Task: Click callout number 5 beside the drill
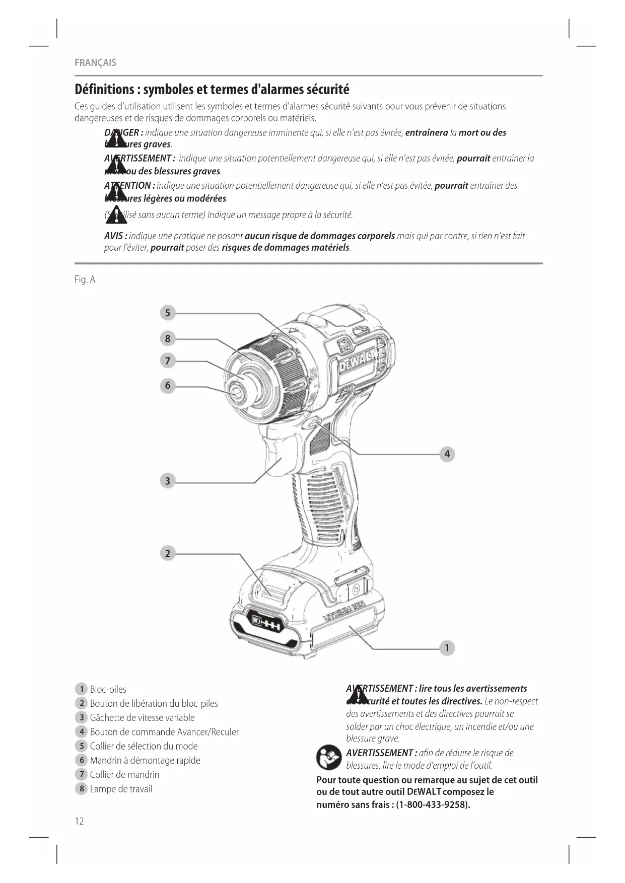[x=168, y=313]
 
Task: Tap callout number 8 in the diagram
[x=168, y=338]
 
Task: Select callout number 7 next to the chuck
[x=168, y=360]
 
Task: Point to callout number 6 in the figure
[x=168, y=386]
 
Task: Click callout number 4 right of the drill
[x=447, y=454]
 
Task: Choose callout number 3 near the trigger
[x=168, y=481]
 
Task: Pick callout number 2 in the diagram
[x=168, y=553]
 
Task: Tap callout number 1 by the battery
[x=447, y=647]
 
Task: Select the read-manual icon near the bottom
[x=328, y=758]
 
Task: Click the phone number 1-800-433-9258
[x=433, y=804]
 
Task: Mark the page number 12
[x=79, y=821]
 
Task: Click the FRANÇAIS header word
[x=95, y=62]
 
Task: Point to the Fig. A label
[x=85, y=279]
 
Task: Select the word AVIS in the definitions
[x=115, y=236]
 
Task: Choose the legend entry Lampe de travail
[x=121, y=789]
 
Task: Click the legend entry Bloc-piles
[x=108, y=689]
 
